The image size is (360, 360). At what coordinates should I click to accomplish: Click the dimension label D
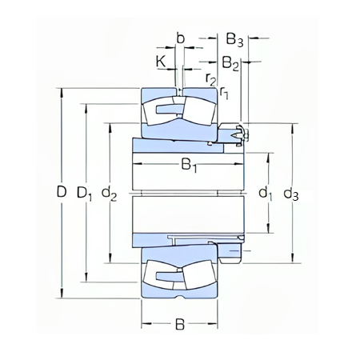pos(61,193)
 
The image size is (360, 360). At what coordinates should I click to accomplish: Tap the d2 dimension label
pos(110,193)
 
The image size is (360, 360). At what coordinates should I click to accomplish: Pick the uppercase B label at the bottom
pos(180,326)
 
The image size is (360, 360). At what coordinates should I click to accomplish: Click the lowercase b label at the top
pos(181,38)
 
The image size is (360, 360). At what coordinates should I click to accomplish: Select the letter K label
pos(160,61)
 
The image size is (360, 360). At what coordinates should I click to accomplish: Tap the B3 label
pos(234,38)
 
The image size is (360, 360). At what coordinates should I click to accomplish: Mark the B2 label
pos(230,61)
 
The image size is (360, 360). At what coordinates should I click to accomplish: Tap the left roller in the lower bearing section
pos(162,277)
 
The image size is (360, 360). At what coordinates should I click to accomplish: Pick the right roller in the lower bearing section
pos(198,277)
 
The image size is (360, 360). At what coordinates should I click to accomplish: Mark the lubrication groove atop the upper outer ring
pos(181,88)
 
